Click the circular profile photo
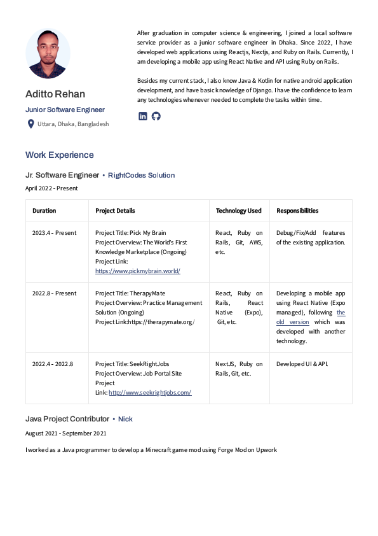pyautogui.click(x=48, y=53)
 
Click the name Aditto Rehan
pyautogui.click(x=55, y=94)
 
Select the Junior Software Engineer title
pyautogui.click(x=65, y=109)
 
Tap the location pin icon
pyautogui.click(x=30, y=123)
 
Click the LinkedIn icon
pyautogui.click(x=143, y=116)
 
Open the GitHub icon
pyautogui.click(x=156, y=116)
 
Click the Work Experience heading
pyautogui.click(x=59, y=155)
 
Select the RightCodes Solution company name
pyautogui.click(x=141, y=175)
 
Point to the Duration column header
pyautogui.click(x=44, y=211)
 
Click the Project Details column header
pyautogui.click(x=115, y=211)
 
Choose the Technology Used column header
pyautogui.click(x=238, y=211)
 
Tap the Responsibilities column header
pyautogui.click(x=297, y=211)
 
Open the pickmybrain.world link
pyautogui.click(x=138, y=271)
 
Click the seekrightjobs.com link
pyautogui.click(x=150, y=393)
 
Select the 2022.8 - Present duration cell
pyautogui.click(x=54, y=293)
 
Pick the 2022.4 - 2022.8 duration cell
pyautogui.click(x=53, y=364)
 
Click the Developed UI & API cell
pyautogui.click(x=302, y=364)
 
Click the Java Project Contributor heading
pyautogui.click(x=67, y=419)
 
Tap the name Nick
pyautogui.click(x=125, y=419)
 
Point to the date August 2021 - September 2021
pyautogui.click(x=66, y=434)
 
